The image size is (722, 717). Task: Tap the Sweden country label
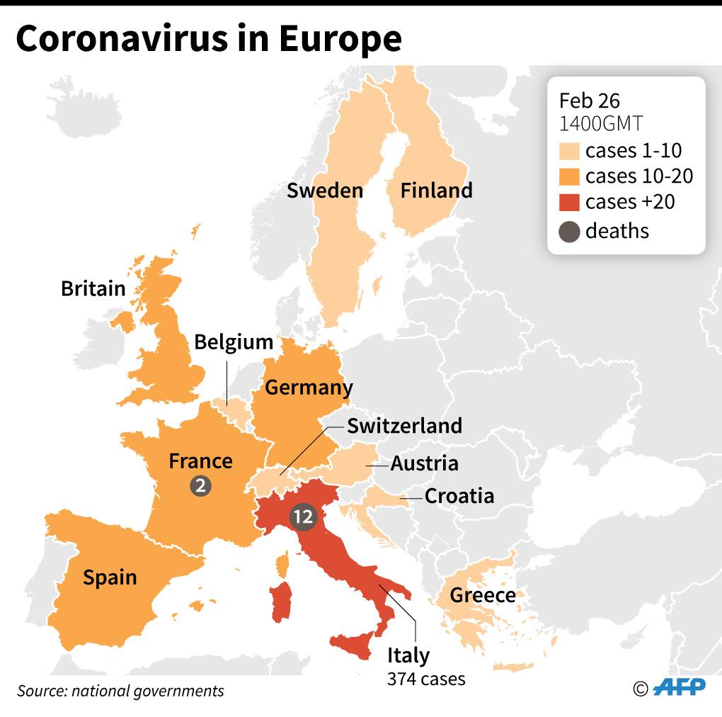click(325, 191)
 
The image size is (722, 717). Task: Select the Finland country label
click(436, 191)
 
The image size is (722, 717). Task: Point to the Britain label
click(93, 288)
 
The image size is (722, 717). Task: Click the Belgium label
click(234, 342)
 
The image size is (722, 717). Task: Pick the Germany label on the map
click(309, 388)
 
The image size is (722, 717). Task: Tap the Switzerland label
click(404, 426)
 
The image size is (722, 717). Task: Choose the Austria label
click(425, 464)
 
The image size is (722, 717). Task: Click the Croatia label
click(459, 496)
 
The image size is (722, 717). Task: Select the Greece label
click(483, 595)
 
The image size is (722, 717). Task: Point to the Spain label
click(110, 577)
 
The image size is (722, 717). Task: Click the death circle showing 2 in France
click(201, 486)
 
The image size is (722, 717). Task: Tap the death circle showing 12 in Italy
click(303, 517)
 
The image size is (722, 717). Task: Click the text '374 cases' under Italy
click(426, 679)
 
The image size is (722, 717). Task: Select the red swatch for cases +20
click(569, 202)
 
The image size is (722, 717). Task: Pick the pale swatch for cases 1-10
click(569, 150)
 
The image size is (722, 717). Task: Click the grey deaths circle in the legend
click(569, 230)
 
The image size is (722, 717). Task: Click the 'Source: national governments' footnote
click(120, 691)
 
